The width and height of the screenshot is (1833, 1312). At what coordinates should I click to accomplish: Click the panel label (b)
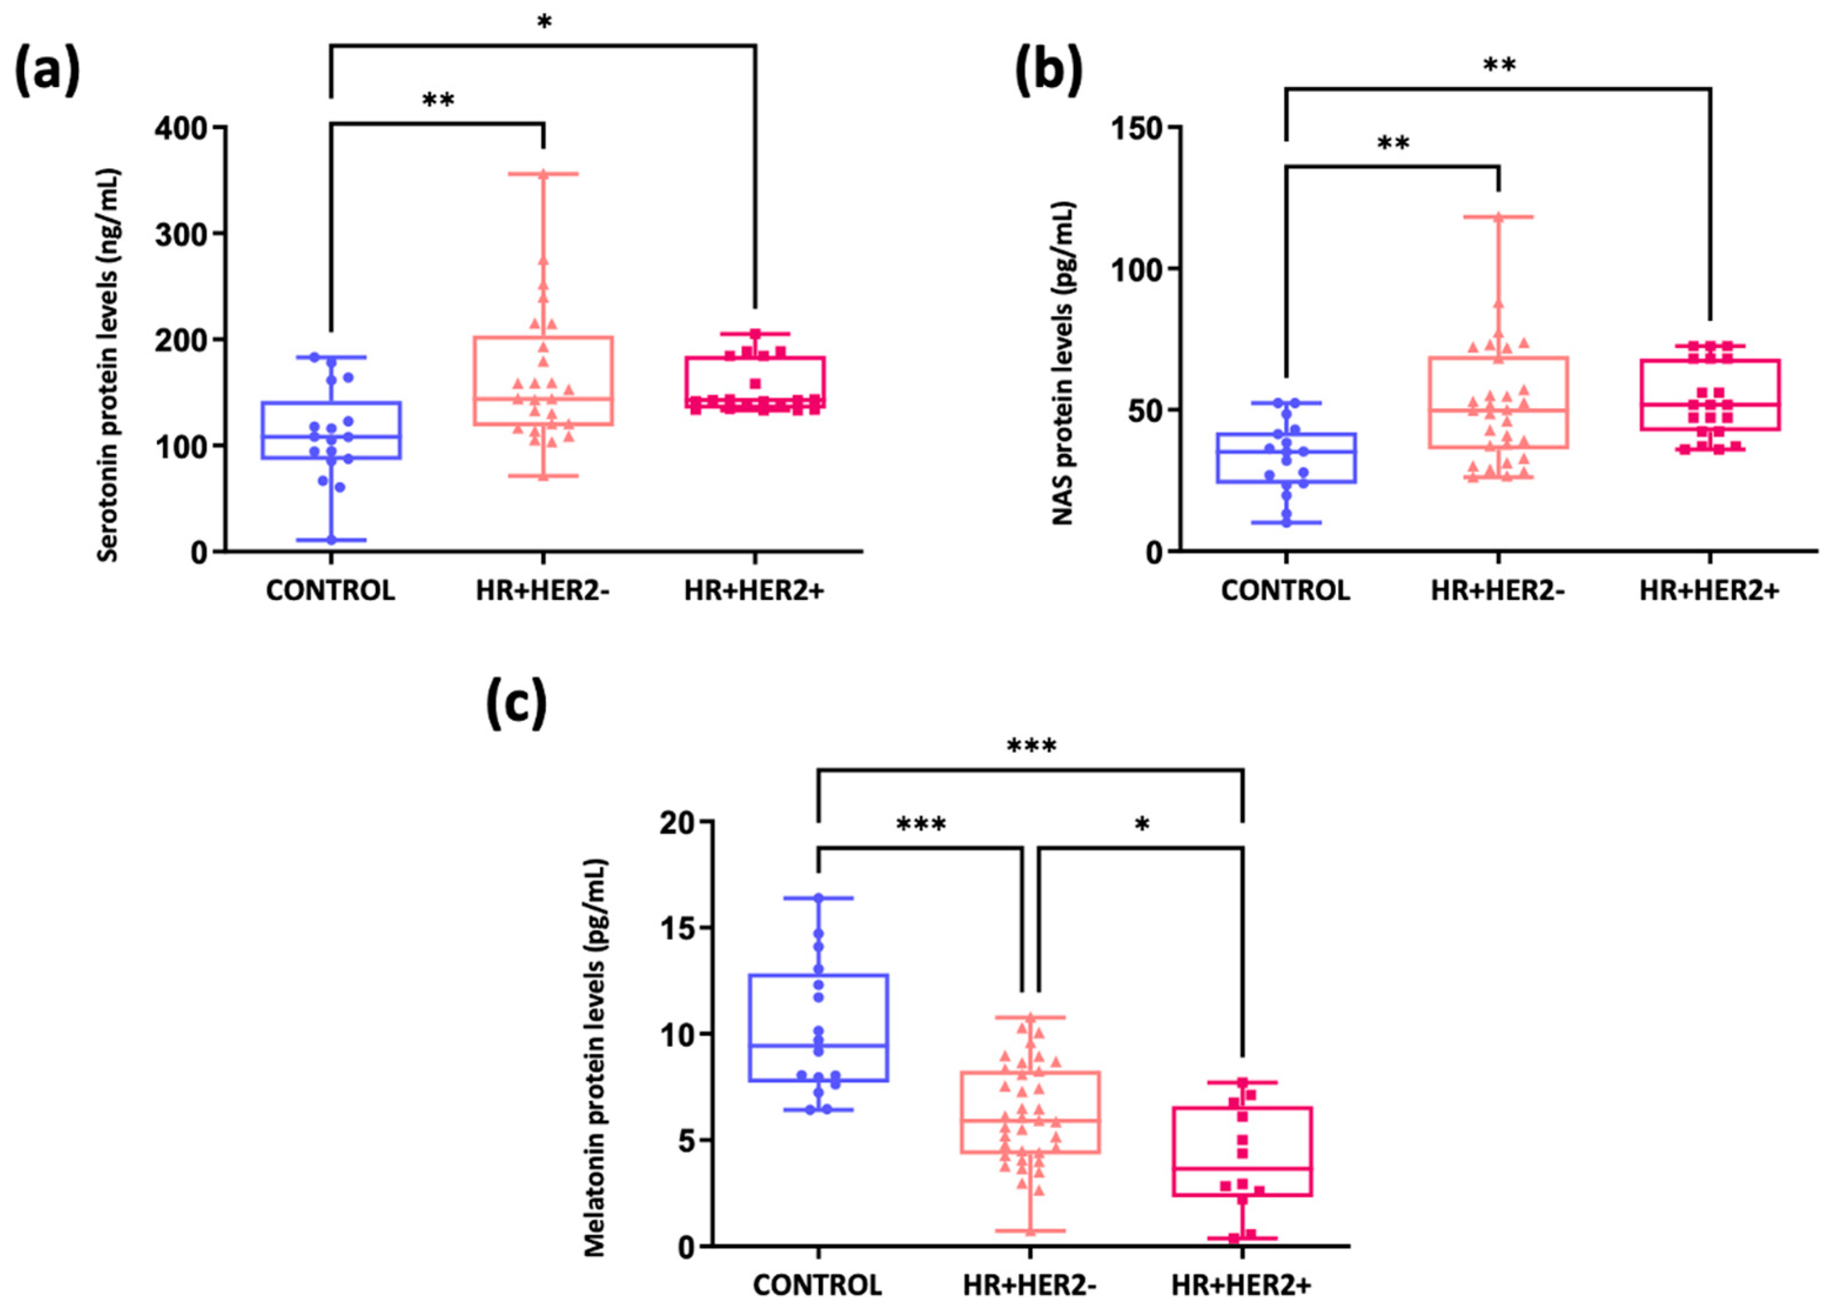point(1048,71)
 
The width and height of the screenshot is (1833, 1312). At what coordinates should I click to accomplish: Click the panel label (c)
point(515,702)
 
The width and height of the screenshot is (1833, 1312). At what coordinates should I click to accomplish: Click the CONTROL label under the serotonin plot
point(330,591)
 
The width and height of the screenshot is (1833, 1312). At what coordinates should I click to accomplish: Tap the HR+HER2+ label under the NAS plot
point(1710,591)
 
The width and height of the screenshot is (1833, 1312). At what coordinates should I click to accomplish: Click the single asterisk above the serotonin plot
point(543,22)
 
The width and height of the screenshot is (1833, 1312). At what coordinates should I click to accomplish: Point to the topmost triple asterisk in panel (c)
point(1031,746)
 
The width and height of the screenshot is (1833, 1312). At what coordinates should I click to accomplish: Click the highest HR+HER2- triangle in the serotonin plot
point(543,174)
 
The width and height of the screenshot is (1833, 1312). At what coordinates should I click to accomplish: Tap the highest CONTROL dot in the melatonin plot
point(818,898)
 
